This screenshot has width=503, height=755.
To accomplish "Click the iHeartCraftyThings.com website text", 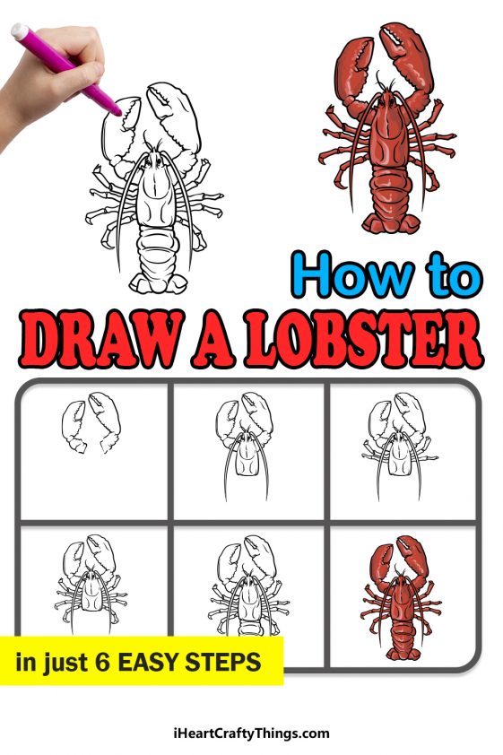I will click(251, 733).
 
